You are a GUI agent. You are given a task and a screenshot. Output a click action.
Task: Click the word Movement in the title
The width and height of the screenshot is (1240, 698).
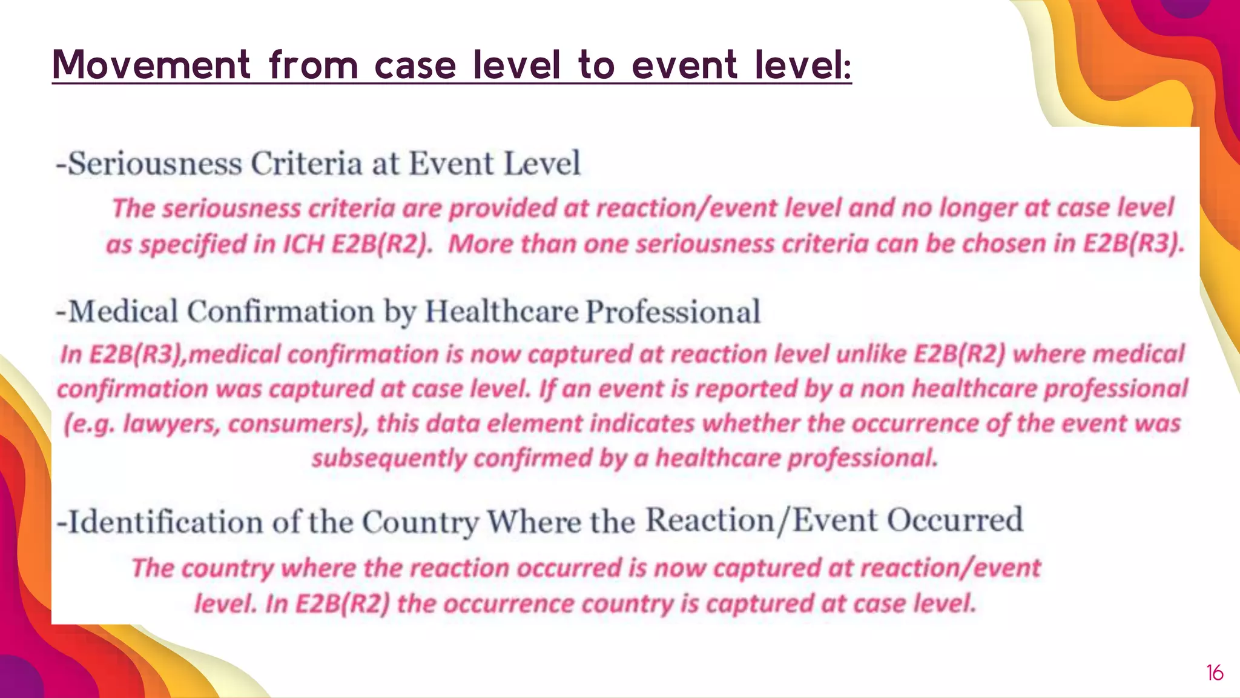tap(151, 64)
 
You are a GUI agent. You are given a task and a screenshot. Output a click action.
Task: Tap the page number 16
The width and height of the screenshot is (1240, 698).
tap(1215, 673)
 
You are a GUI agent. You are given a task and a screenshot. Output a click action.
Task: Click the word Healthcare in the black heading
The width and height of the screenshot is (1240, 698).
tap(501, 312)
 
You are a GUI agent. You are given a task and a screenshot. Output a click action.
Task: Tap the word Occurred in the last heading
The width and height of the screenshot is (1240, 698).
tap(955, 520)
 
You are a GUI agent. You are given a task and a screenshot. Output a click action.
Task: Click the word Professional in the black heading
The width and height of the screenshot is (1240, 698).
tap(673, 312)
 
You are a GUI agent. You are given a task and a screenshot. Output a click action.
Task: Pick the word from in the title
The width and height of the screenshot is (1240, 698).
tap(314, 64)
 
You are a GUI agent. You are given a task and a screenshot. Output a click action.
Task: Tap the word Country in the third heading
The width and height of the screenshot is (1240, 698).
tap(420, 522)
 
